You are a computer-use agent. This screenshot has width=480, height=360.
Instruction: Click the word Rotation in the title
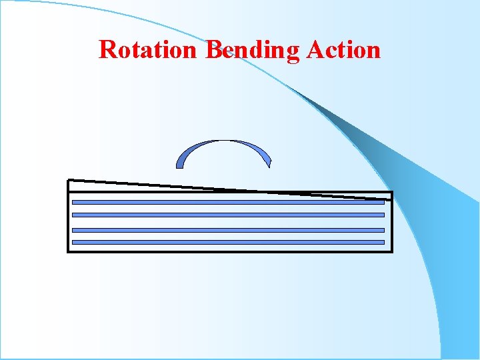147,49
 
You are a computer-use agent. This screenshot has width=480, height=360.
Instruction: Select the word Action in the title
343,49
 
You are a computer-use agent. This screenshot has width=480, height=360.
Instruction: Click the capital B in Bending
213,49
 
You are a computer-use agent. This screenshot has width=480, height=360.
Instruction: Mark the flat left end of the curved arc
179,165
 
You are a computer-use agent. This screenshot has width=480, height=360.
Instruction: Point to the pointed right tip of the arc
269,165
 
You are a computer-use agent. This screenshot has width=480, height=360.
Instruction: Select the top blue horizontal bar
228,201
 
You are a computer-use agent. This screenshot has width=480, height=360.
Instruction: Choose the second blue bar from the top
228,215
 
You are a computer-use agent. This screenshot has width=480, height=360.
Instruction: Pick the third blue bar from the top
228,229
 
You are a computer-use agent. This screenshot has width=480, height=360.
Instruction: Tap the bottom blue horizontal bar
228,242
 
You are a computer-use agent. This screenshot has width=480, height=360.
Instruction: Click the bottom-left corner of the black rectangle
68,251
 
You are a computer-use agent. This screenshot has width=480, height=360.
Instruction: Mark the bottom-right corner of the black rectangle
392,251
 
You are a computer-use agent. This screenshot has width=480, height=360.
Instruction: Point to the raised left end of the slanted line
69,180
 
